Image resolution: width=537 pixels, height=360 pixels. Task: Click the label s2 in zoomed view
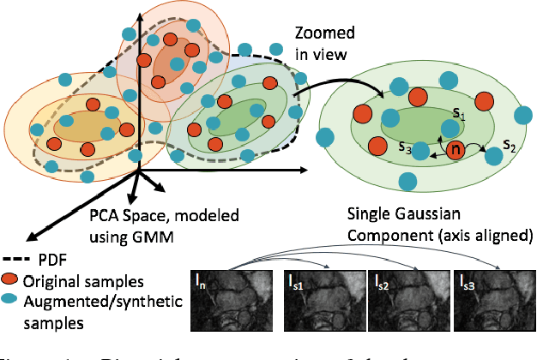tap(510, 143)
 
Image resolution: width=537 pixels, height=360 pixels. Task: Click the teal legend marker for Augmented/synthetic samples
tap(11, 299)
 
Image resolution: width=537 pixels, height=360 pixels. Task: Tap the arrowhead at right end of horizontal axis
tap(305, 171)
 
